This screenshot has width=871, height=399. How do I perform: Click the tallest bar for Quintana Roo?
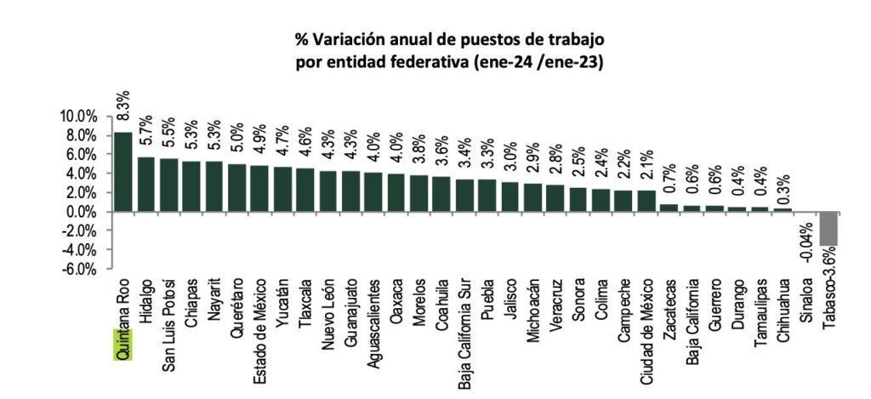point(123,172)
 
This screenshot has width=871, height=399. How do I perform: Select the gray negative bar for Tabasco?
point(828,228)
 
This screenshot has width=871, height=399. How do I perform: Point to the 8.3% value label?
point(123,105)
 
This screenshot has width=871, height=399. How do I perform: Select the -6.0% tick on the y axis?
point(79,269)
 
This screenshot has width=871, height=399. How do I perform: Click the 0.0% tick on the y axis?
point(79,212)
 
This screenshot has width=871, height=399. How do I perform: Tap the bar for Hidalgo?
point(146,185)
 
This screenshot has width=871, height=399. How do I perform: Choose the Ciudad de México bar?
point(647,201)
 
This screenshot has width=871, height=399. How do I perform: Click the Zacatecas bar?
point(669,208)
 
